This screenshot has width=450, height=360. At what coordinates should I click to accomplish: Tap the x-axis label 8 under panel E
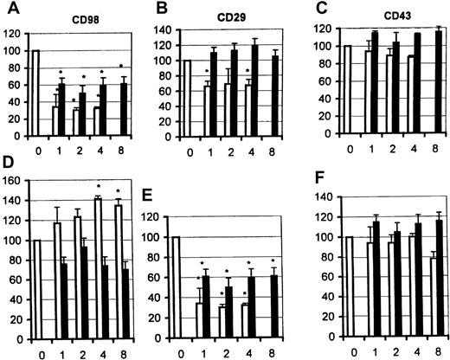coord(274,346)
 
